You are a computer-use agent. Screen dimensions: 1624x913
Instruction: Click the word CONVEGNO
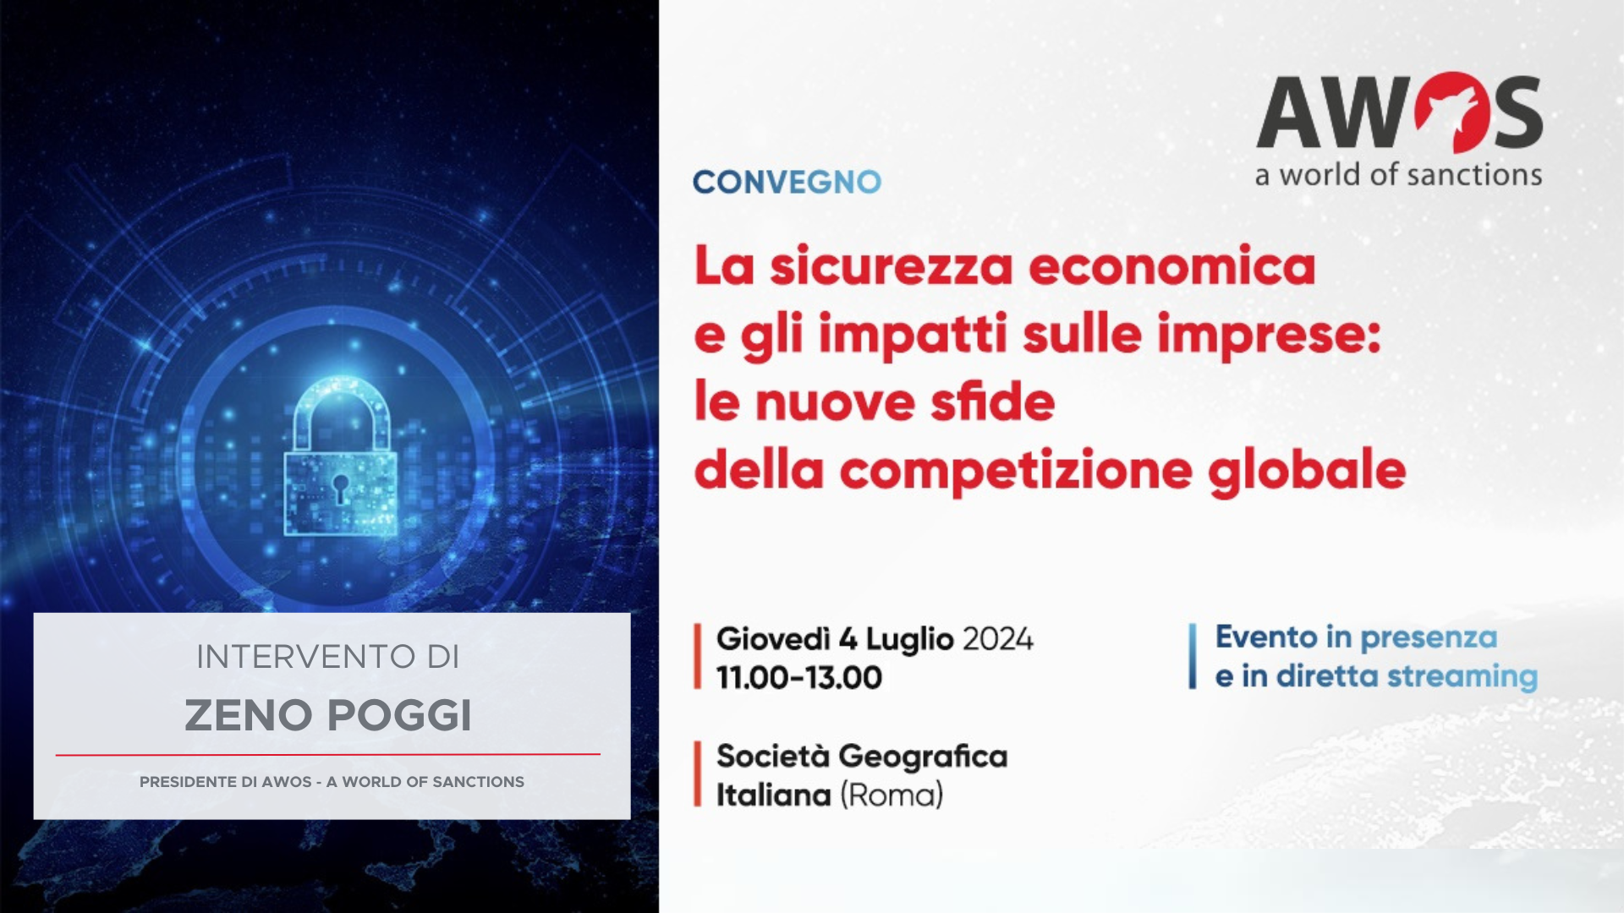pos(787,182)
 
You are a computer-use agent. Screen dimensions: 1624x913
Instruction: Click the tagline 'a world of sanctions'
pos(1398,175)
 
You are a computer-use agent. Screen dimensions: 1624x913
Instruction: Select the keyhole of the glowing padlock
pos(340,488)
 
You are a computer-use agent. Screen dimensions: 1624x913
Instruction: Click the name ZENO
pos(249,715)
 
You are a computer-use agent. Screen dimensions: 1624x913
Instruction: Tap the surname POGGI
pos(399,715)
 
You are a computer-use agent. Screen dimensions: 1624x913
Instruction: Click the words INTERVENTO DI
pos(327,657)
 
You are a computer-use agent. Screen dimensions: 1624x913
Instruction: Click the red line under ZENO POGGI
pos(328,754)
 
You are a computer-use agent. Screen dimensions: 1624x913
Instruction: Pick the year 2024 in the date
pos(998,639)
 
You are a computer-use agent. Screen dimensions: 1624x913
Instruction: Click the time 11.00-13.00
pos(799,678)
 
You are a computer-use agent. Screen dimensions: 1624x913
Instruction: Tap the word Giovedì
pos(773,639)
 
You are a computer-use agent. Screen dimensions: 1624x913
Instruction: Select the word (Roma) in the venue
pos(892,795)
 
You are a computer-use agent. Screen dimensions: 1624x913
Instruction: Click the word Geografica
pos(923,757)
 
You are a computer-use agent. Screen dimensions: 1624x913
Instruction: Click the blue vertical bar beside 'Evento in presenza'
pos(1193,656)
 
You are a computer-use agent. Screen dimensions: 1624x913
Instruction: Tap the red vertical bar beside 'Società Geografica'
pos(698,774)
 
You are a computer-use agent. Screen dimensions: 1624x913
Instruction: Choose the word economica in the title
pos(1172,266)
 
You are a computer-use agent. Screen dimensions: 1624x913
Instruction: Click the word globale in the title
pos(1307,472)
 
